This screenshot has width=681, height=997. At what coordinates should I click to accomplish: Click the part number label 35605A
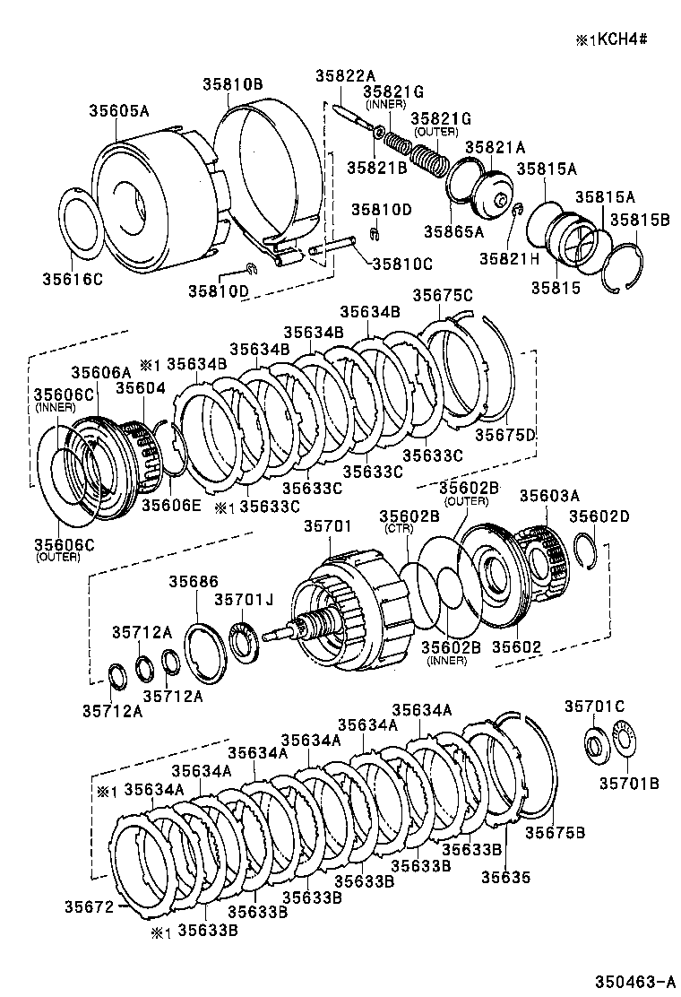coord(118,111)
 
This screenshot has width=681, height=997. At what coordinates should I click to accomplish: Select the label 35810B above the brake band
coord(231,84)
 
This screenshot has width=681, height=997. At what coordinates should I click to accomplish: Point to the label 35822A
coord(344,76)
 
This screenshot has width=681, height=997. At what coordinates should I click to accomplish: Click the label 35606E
coord(170,505)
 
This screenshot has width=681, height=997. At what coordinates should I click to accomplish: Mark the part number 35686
coord(193,582)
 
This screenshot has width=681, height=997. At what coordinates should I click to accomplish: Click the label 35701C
coord(593,707)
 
